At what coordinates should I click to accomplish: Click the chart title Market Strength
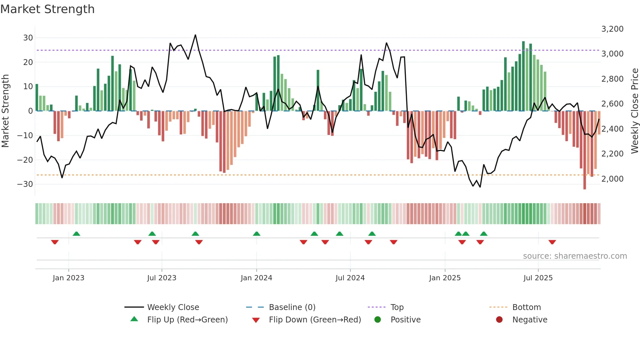[x=47, y=9]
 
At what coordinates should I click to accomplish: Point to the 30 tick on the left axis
[x=28, y=38]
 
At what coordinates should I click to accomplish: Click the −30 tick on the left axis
[x=25, y=184]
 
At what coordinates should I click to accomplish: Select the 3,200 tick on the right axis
[x=612, y=29]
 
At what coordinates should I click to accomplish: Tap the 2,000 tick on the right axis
[x=612, y=179]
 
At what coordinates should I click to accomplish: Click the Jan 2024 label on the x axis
[x=256, y=278]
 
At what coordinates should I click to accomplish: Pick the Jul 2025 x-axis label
[x=538, y=278]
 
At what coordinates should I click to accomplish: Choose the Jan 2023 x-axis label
[x=69, y=278]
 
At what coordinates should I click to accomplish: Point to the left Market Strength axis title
[x=5, y=111]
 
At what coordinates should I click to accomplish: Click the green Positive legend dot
[x=378, y=320]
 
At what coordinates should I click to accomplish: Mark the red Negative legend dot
[x=499, y=320]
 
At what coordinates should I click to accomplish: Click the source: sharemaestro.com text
[x=575, y=256]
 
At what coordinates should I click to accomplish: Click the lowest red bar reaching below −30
[x=584, y=150]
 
